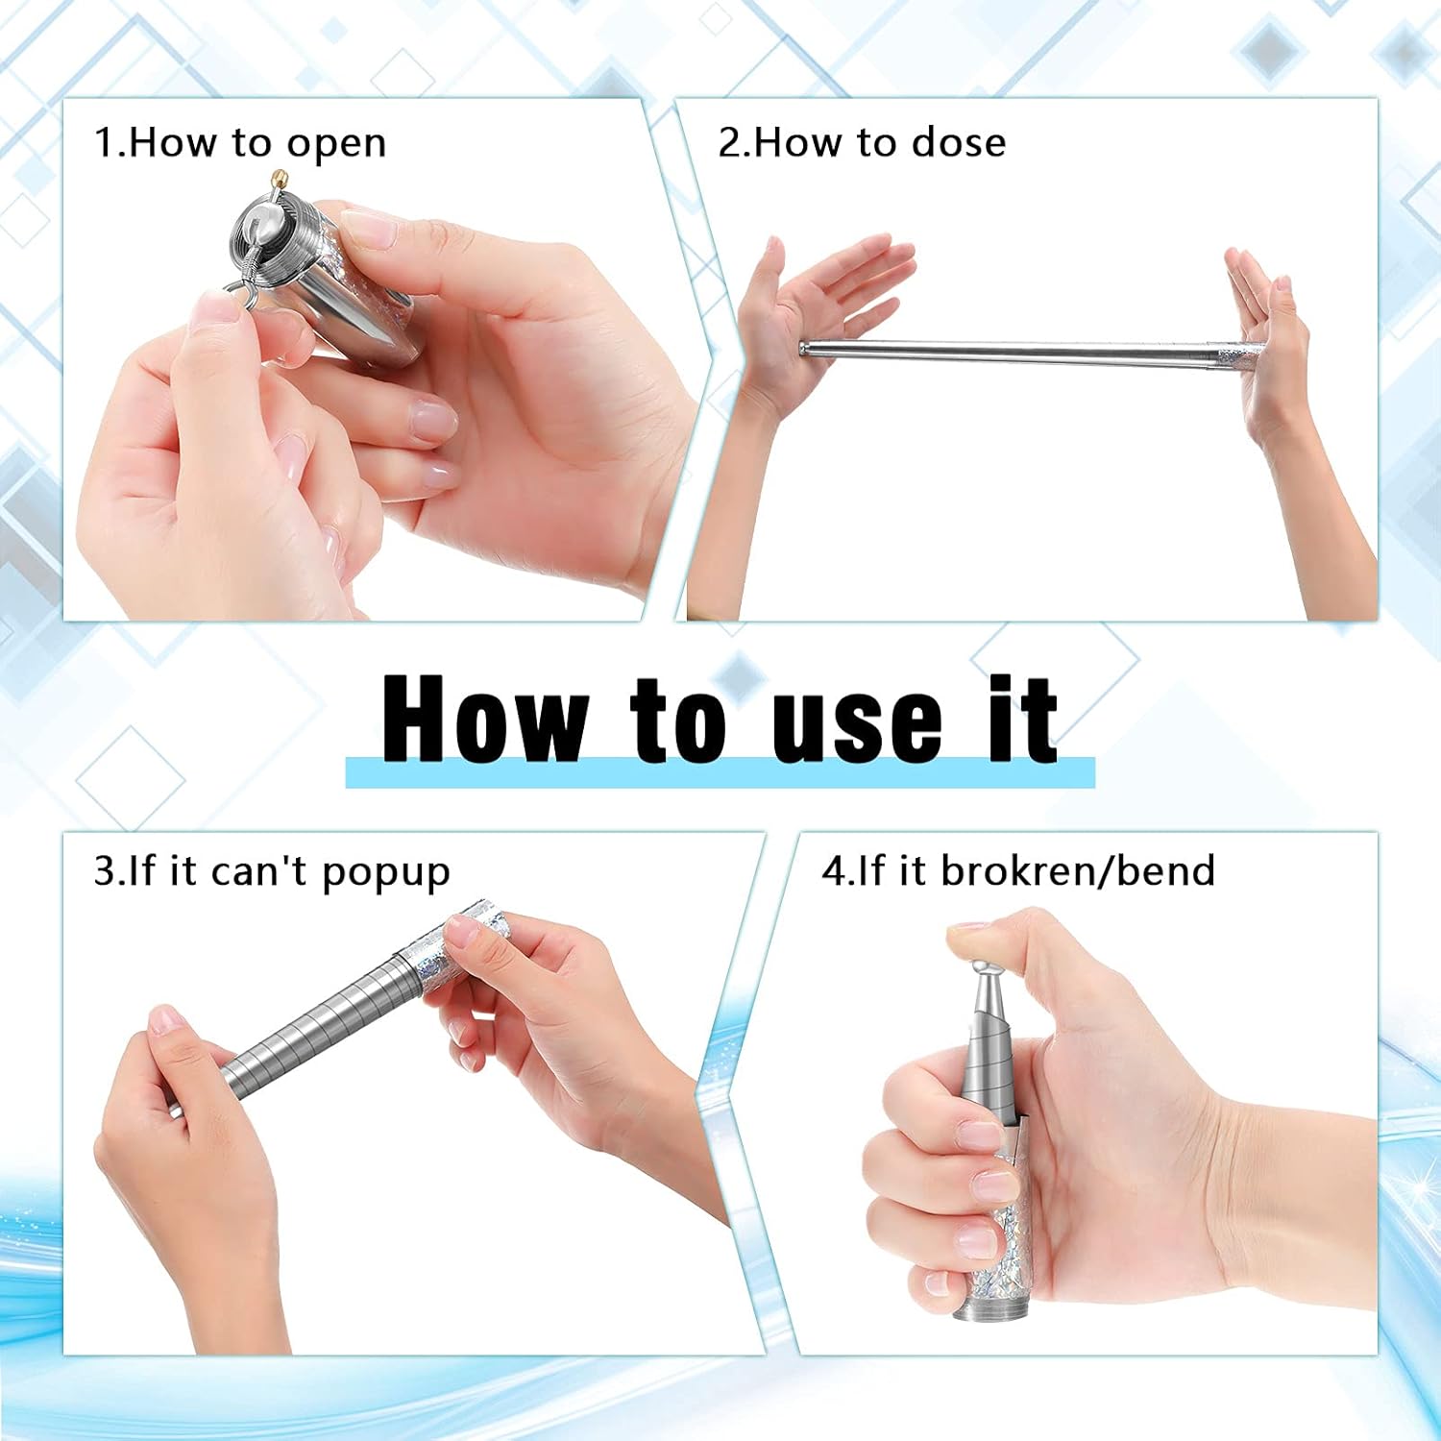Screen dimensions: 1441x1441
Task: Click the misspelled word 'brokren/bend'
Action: (x=1078, y=871)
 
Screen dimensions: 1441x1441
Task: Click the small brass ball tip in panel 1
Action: (x=279, y=178)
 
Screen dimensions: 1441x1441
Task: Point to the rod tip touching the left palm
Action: (x=807, y=348)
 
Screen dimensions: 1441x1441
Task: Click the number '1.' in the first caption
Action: (x=108, y=144)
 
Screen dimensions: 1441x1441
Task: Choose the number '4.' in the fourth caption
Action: (x=836, y=871)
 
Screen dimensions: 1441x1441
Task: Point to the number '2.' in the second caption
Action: (x=732, y=143)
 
